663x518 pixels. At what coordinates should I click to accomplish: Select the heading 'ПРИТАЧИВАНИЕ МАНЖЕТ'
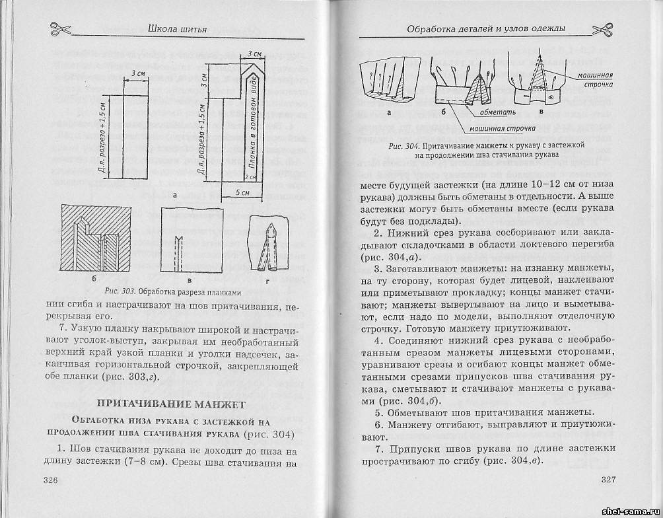(171, 403)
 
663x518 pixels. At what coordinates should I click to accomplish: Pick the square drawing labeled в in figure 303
(190, 241)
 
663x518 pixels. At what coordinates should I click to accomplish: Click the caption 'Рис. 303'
(119, 291)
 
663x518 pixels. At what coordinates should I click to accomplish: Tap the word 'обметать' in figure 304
(505, 114)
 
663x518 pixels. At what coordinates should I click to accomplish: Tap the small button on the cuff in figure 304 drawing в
(550, 97)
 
